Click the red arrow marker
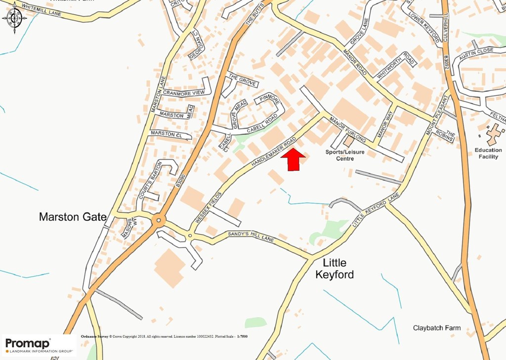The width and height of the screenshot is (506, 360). [293, 160]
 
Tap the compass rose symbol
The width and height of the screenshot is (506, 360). [15, 18]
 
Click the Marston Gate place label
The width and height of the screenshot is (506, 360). [73, 216]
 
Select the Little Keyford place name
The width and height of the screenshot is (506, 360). [335, 269]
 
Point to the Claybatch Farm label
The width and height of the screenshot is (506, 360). [437, 328]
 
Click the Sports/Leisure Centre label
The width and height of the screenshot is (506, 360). [344, 155]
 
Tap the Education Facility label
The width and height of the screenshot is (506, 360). [488, 154]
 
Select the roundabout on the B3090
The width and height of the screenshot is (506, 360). [158, 220]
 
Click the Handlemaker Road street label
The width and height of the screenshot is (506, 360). [273, 151]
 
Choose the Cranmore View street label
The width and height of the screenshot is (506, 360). [183, 93]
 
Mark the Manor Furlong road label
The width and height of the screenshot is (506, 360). [347, 130]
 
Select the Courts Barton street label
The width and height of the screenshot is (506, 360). [149, 181]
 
